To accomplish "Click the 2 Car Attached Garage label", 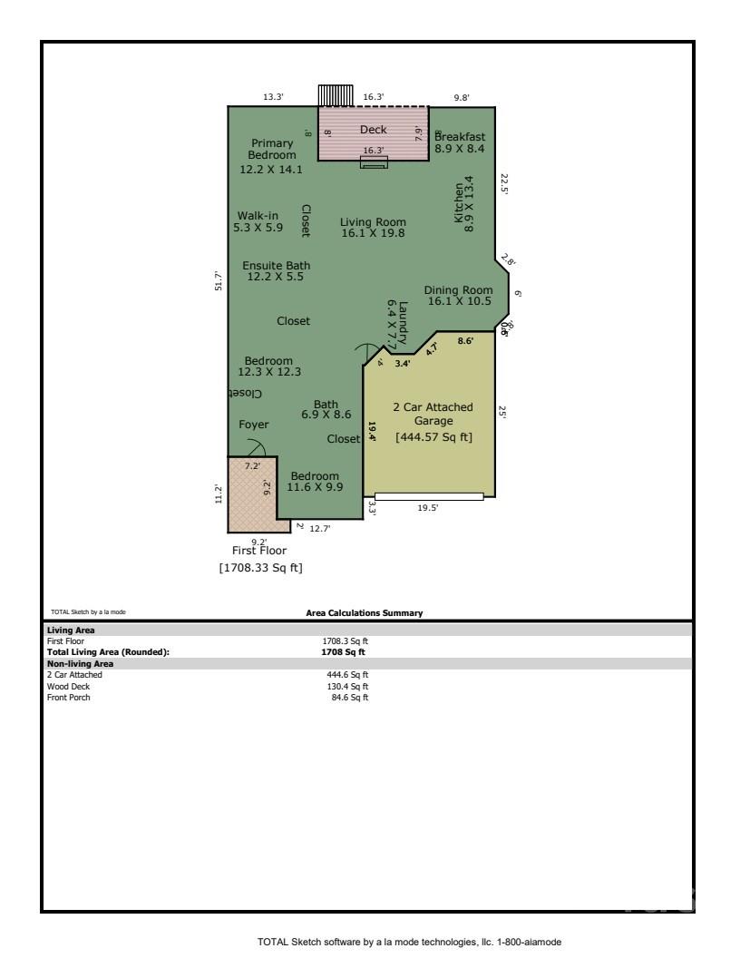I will point(433,414).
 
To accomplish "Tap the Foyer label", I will point(254,425).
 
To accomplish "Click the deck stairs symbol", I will point(335,95).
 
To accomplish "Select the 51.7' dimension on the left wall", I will point(217,281).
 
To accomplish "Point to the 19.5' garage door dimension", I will point(427,509).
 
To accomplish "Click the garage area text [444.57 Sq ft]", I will point(433,437).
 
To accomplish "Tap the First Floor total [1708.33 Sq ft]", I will point(261,569).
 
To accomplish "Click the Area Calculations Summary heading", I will point(365,613).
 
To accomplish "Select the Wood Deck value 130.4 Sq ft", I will point(350,686).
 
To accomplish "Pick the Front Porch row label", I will point(69,697).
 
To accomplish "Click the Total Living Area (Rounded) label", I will point(108,651).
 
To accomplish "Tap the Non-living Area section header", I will point(80,663).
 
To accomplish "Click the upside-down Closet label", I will point(245,394).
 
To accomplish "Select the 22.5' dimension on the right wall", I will point(504,185).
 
